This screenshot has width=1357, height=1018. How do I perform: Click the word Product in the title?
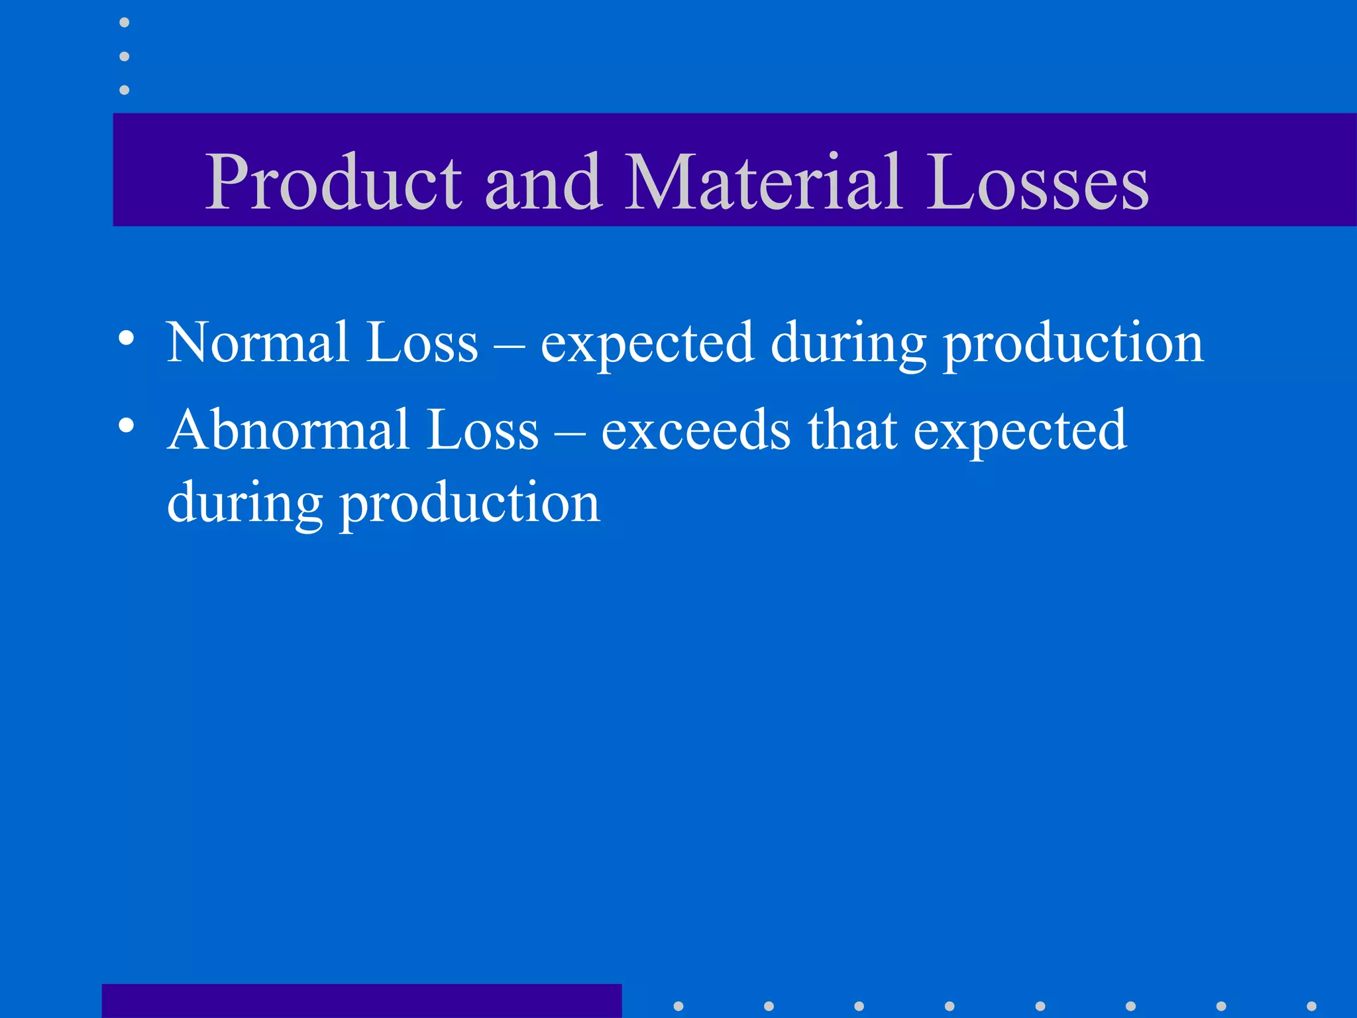pos(333,182)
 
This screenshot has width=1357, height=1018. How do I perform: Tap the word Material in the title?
pos(763,182)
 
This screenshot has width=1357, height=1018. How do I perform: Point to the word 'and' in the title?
pos(543,182)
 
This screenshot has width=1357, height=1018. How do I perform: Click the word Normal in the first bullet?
pos(258,343)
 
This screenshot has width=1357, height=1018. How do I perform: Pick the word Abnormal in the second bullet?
pos(288,430)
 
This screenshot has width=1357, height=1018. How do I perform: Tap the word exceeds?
pos(696,430)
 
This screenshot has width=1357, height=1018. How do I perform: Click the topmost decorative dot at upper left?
pos(124,23)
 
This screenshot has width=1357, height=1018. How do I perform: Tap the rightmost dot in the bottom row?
pos(1311,1006)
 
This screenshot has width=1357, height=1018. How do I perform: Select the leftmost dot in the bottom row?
pos(678,1006)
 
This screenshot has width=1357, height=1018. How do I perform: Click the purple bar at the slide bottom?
pos(361,1001)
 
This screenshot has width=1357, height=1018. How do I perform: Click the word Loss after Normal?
pos(422,343)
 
